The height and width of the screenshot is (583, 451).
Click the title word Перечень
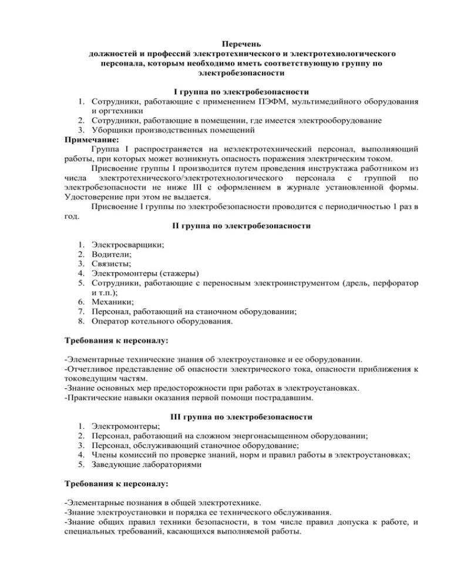[x=241, y=44]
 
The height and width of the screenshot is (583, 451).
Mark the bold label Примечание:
[x=91, y=140]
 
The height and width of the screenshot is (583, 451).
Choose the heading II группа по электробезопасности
[x=241, y=225]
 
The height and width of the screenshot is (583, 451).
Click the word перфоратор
[x=394, y=283]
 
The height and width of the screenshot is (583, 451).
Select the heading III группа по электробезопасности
[x=241, y=416]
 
